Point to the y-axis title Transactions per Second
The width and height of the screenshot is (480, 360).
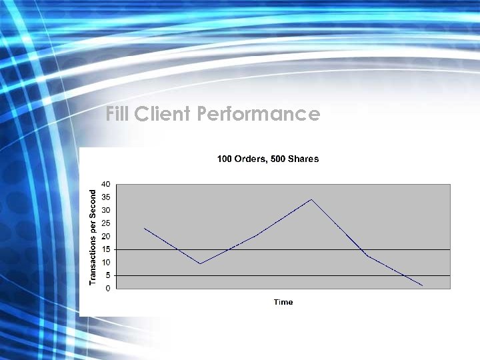coord(93,237)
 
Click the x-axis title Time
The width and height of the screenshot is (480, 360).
coord(283,302)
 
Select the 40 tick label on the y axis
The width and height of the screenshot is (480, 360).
coord(106,184)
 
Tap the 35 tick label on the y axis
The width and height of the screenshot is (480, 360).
coord(106,197)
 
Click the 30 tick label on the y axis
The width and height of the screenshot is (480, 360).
coord(106,210)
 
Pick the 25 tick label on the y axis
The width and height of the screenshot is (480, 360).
coord(106,223)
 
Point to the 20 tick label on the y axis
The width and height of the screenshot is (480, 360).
coord(106,236)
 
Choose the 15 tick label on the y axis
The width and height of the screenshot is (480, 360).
coord(106,249)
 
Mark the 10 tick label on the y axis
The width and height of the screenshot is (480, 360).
coord(106,262)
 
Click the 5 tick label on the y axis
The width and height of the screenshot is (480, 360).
coord(108,275)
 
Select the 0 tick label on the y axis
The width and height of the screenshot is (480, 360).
coord(108,288)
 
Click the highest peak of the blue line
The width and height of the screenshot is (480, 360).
coord(311,199)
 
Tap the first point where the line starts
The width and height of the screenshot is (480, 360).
coord(145,229)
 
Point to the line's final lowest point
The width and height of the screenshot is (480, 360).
coord(422,285)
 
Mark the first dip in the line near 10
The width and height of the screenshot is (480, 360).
coord(200,263)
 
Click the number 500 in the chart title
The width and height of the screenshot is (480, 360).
coord(283,159)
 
